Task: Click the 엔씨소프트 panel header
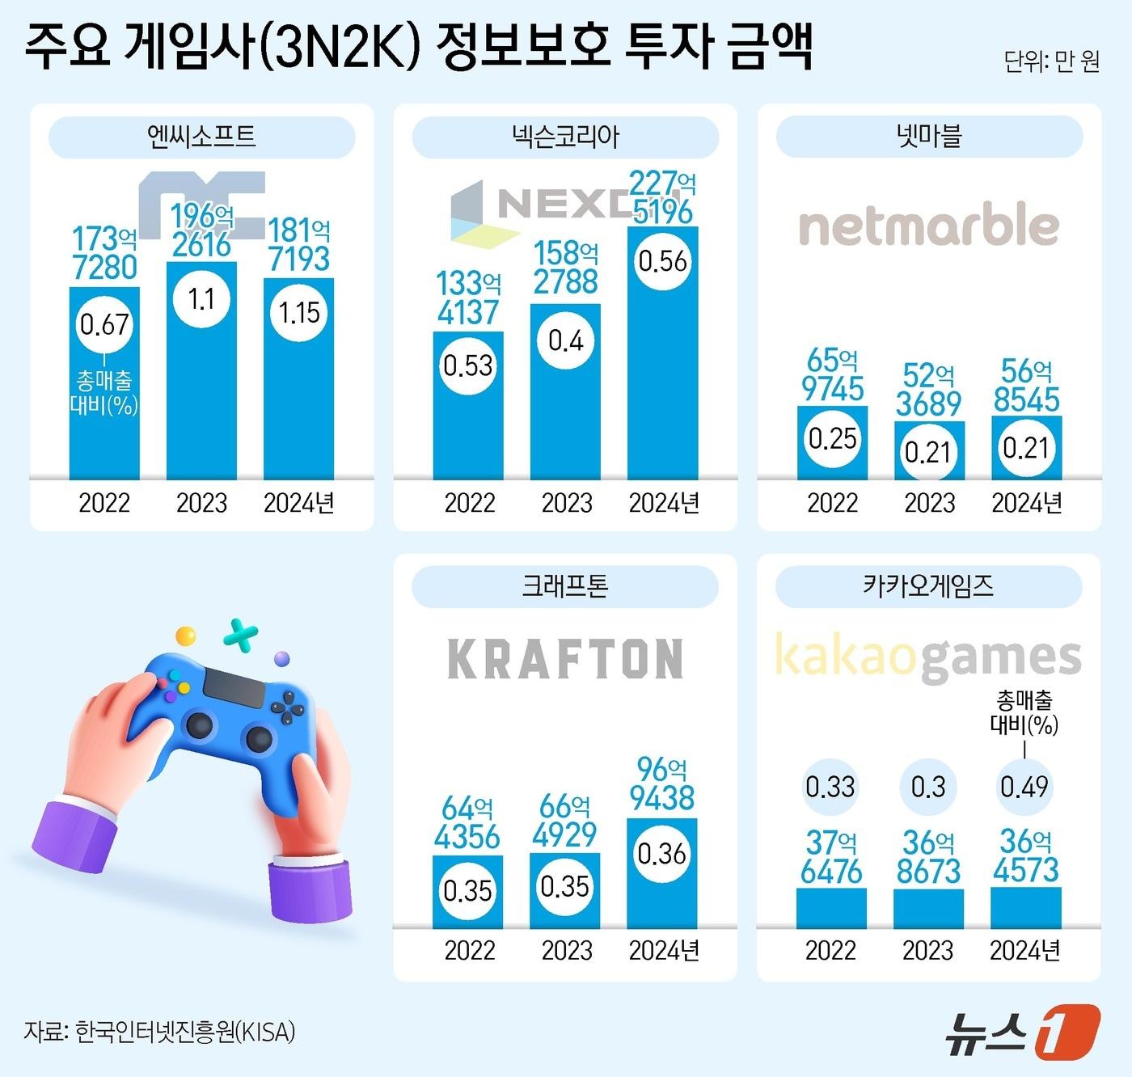click(201, 137)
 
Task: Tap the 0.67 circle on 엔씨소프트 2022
click(104, 324)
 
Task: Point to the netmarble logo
click(928, 225)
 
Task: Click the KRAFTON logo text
click(565, 658)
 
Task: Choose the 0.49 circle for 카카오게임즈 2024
click(1024, 786)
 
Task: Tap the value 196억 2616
click(201, 230)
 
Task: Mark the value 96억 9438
click(661, 783)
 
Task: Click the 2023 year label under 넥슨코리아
click(566, 503)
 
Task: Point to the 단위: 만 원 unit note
click(1051, 61)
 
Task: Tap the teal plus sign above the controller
click(240, 636)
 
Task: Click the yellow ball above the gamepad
click(186, 636)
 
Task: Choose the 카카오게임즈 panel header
click(928, 586)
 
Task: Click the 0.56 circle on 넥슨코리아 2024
click(662, 261)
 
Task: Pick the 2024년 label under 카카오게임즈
click(1024, 950)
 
